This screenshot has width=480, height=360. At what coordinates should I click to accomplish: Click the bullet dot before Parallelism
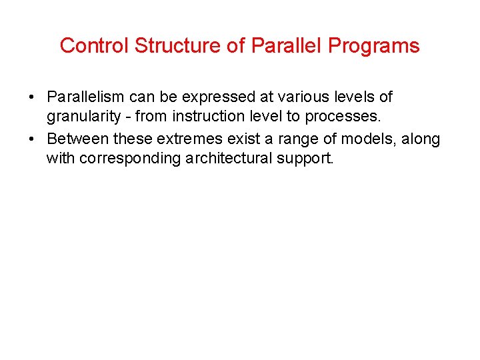pyautogui.click(x=32, y=98)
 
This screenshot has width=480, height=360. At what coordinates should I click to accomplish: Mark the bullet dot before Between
pyautogui.click(x=32, y=139)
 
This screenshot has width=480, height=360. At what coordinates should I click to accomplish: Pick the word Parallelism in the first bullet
pyautogui.click(x=86, y=97)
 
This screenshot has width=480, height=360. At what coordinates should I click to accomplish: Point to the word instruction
pyautogui.click(x=206, y=117)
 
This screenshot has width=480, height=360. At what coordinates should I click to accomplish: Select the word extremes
pyautogui.click(x=189, y=139)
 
